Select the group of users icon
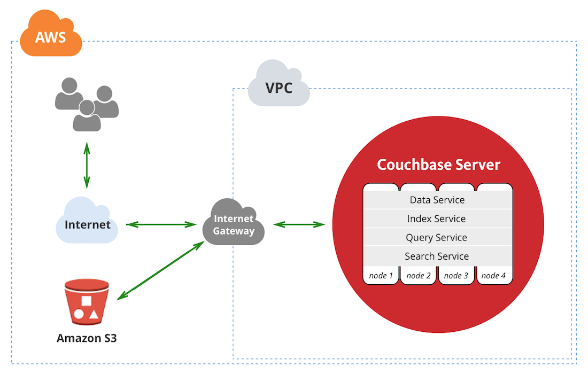pos(87,105)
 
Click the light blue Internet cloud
pos(87,223)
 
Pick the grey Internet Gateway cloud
pos(234,224)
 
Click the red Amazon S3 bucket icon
pos(87,301)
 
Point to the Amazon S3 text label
pos(87,338)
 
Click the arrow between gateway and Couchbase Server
pos(299,224)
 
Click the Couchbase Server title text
pos(438,165)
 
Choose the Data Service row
pos(437,200)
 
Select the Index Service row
pos(437,219)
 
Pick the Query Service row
pos(437,238)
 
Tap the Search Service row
pos(437,256)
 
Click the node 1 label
pos(381,276)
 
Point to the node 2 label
pos(419,276)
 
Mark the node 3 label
pos(456,276)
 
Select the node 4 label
pos(493,276)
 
